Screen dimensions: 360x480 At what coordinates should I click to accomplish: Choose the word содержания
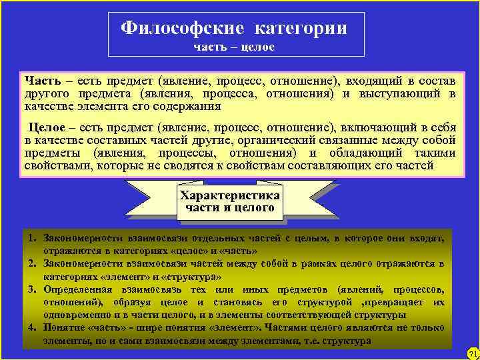(189, 106)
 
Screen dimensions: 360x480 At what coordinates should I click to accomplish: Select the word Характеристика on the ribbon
(230, 195)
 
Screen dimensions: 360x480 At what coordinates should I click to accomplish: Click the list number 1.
(31, 238)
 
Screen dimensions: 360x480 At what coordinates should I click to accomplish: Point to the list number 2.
(31, 264)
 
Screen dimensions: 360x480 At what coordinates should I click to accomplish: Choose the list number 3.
(31, 289)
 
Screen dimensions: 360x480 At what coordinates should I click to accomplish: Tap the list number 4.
(31, 328)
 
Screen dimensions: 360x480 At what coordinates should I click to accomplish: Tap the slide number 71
(472, 352)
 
